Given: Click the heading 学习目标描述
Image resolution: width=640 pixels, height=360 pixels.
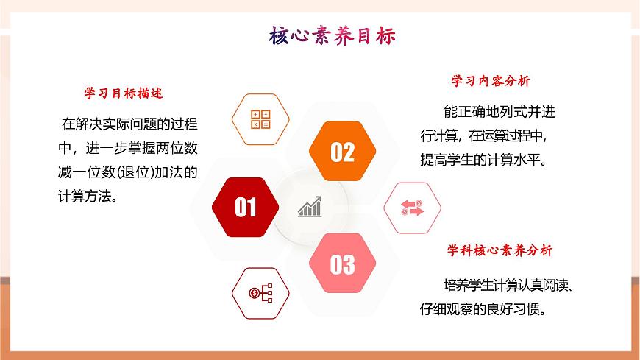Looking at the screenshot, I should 124,93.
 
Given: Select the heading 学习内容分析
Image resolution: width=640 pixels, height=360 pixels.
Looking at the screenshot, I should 491,81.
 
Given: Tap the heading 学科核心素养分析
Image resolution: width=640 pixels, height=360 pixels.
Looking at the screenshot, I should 500,250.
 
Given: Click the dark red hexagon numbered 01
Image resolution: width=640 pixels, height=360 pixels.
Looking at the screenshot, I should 246,208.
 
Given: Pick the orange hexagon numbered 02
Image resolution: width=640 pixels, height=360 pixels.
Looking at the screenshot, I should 342,152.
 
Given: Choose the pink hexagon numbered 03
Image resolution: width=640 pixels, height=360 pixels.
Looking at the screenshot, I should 342,264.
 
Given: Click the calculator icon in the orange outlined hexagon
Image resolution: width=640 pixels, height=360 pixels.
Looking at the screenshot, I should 261,119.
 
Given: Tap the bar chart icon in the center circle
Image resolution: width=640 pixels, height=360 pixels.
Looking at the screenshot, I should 309,207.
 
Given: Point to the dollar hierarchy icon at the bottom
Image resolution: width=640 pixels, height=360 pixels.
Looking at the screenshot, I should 261,294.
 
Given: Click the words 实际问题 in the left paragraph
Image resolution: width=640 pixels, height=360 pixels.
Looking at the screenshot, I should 130,124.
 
